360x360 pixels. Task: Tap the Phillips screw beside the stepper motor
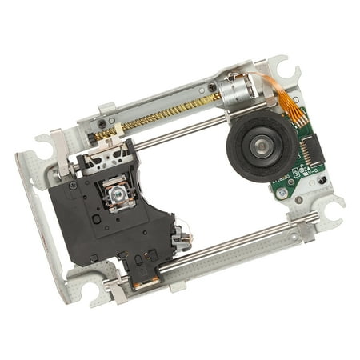pyautogui.click(x=213, y=87)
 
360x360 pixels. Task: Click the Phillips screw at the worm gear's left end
pyautogui.click(x=101, y=122)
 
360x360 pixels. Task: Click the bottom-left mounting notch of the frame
pyautogui.click(x=89, y=285)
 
